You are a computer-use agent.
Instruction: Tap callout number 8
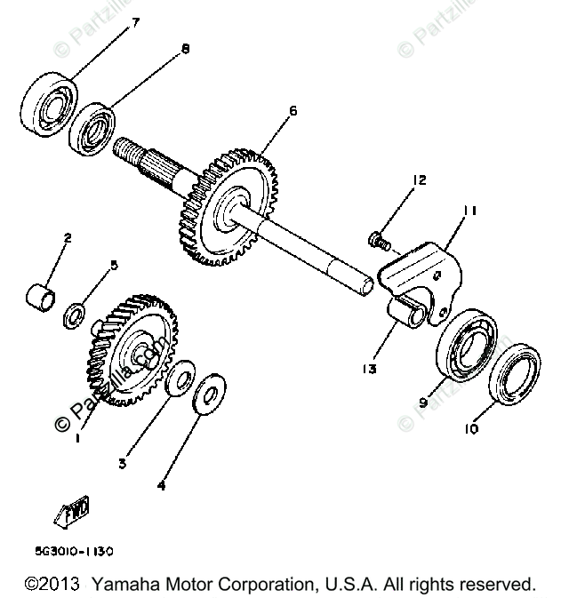coord(185,50)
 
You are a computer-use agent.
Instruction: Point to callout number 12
coord(419,180)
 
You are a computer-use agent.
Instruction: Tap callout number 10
coord(470,428)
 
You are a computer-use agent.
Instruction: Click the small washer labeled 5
coord(76,315)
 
